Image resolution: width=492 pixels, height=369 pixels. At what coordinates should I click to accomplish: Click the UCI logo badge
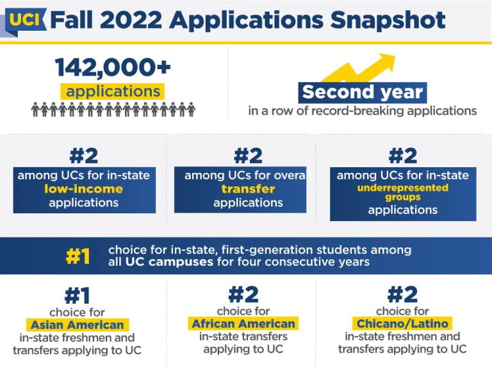tap(26, 21)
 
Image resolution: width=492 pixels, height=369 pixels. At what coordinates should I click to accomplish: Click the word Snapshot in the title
tap(388, 20)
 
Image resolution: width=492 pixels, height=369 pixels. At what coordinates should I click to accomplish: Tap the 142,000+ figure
tap(113, 67)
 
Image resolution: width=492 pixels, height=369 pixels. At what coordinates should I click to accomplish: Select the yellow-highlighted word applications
tap(113, 92)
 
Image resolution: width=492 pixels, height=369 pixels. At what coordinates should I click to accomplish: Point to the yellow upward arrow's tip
tap(395, 55)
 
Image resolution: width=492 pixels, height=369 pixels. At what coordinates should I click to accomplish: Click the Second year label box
tap(363, 92)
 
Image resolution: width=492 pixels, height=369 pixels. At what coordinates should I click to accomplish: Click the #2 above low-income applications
tap(84, 156)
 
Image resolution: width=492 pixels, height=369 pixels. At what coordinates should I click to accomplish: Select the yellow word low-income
tap(83, 189)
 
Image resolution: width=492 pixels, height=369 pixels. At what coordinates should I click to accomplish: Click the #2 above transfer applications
tap(248, 156)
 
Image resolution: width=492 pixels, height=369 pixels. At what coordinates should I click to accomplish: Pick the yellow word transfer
tap(248, 189)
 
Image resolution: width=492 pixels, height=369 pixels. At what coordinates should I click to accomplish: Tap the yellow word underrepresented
tap(403, 188)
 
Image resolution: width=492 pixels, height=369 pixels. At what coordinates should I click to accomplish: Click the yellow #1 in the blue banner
tap(78, 256)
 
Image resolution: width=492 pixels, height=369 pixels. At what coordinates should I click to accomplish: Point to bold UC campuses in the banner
tap(169, 261)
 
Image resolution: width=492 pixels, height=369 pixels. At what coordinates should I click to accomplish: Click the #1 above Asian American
tap(77, 295)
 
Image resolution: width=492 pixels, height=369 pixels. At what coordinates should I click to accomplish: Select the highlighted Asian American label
tap(77, 325)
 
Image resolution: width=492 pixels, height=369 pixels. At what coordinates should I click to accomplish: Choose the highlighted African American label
tap(243, 324)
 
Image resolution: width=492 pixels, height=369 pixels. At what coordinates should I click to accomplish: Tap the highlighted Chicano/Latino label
tap(402, 324)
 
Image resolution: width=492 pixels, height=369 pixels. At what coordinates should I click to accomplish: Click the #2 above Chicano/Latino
tap(402, 294)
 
